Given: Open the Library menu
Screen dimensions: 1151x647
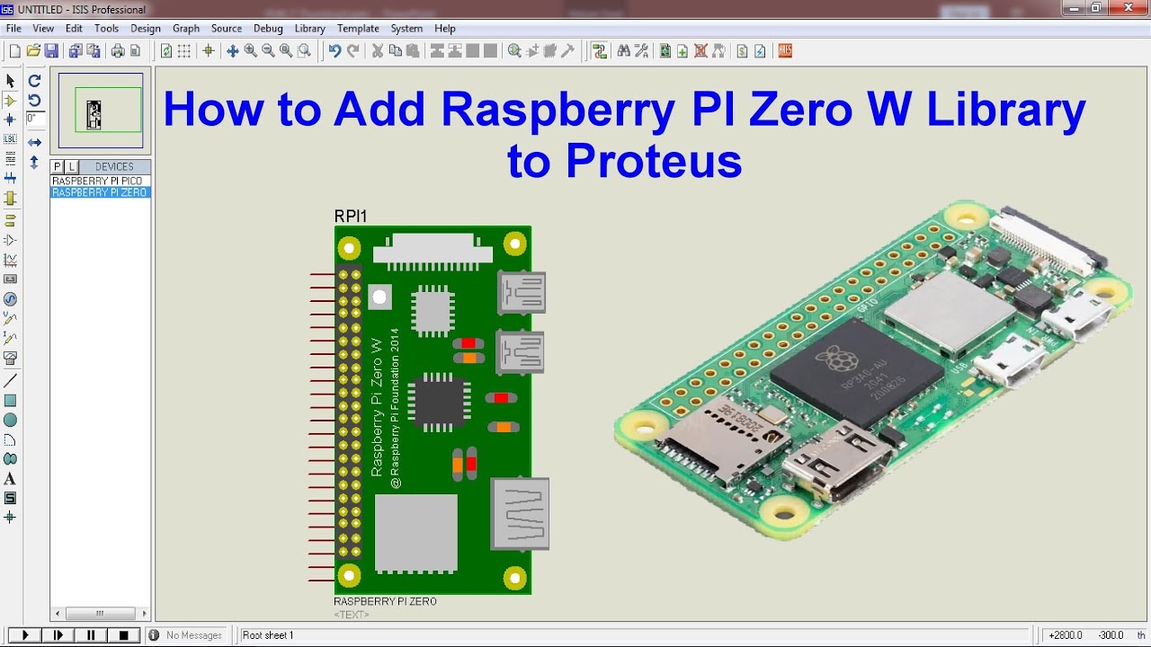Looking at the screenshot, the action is pyautogui.click(x=309, y=29).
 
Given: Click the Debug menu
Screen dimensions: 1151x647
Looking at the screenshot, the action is pyautogui.click(x=268, y=29).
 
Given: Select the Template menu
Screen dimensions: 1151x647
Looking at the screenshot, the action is pyautogui.click(x=358, y=29).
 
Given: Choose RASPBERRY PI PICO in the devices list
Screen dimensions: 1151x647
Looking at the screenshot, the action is pyautogui.click(x=97, y=181).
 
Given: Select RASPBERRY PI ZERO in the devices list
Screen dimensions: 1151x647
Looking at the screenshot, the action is pyautogui.click(x=99, y=192).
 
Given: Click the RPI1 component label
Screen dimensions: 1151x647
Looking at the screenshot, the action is pyautogui.click(x=351, y=217).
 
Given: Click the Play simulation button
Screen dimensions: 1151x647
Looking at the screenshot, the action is pyautogui.click(x=25, y=635).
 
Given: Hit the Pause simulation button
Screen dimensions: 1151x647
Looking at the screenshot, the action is pyautogui.click(x=91, y=635).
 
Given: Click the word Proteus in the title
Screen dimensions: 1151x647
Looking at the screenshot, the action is pyautogui.click(x=624, y=162).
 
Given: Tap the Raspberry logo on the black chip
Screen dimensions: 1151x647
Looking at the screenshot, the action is pyautogui.click(x=837, y=359).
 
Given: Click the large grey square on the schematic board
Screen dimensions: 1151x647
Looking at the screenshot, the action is pyautogui.click(x=415, y=532).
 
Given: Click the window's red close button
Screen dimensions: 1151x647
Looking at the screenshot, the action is pyautogui.click(x=1129, y=8).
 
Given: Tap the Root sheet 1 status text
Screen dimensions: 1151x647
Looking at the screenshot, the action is pyautogui.click(x=268, y=635).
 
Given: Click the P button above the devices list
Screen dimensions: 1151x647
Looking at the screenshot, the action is pyautogui.click(x=58, y=166).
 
